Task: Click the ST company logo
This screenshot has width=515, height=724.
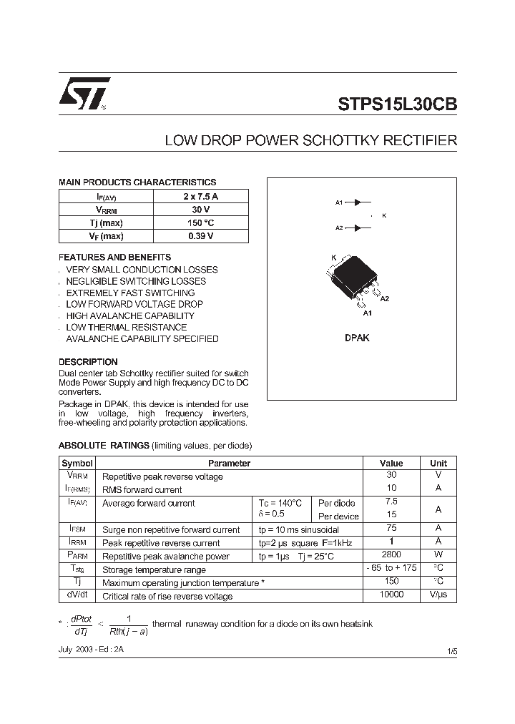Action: [x=84, y=94]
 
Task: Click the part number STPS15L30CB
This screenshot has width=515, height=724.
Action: [x=397, y=103]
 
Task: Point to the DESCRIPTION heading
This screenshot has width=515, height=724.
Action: [x=88, y=362]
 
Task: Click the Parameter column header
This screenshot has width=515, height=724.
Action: [x=229, y=464]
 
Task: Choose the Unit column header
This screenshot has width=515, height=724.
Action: [x=438, y=464]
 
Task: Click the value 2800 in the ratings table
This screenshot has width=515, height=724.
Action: [x=391, y=554]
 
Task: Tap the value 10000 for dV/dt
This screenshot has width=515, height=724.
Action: [x=391, y=595]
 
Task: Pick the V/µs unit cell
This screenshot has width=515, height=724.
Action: [x=438, y=595]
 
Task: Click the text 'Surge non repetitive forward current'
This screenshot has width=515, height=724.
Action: [x=171, y=530]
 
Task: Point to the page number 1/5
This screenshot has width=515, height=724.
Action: [x=451, y=650]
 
